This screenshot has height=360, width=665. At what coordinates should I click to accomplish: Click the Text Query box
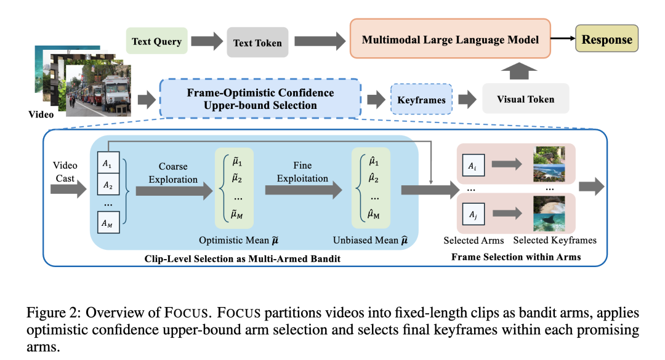tap(157, 42)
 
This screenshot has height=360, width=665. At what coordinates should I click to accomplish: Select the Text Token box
tap(257, 42)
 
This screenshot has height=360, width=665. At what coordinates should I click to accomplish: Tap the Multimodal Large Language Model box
tap(450, 39)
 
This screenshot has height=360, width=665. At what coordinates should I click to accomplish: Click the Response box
tap(607, 40)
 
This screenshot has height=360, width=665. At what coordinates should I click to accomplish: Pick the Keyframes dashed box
tap(421, 99)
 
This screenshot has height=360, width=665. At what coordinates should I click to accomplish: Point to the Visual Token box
tap(525, 98)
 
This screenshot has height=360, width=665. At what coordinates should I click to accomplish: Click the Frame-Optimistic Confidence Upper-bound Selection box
tap(260, 98)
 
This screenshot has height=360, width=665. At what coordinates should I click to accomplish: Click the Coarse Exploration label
tap(173, 173)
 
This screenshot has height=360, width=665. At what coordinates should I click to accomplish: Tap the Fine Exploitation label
tap(302, 172)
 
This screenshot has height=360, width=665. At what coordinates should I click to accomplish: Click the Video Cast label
tap(65, 172)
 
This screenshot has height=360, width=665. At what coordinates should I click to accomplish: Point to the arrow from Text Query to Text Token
tap(208, 42)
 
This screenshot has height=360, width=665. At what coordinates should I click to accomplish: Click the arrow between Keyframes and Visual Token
tap(467, 98)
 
